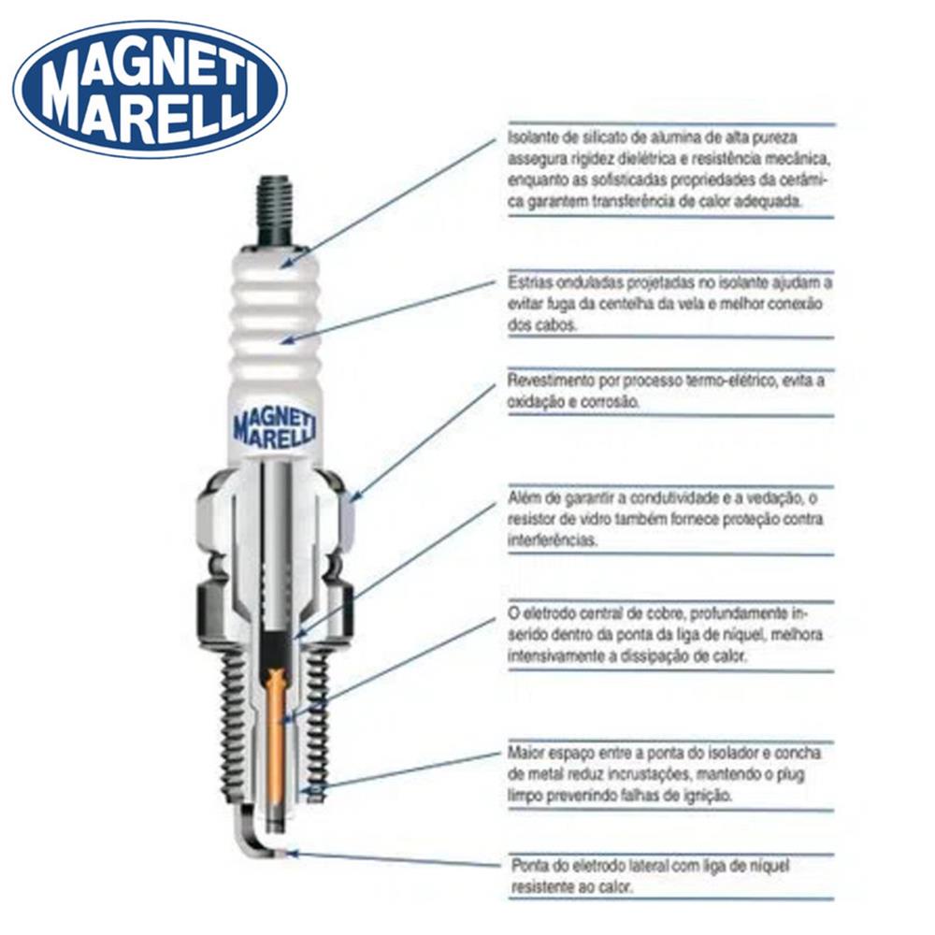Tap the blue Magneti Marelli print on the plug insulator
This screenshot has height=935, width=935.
tap(275, 426)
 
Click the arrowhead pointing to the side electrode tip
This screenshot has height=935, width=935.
tap(292, 854)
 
